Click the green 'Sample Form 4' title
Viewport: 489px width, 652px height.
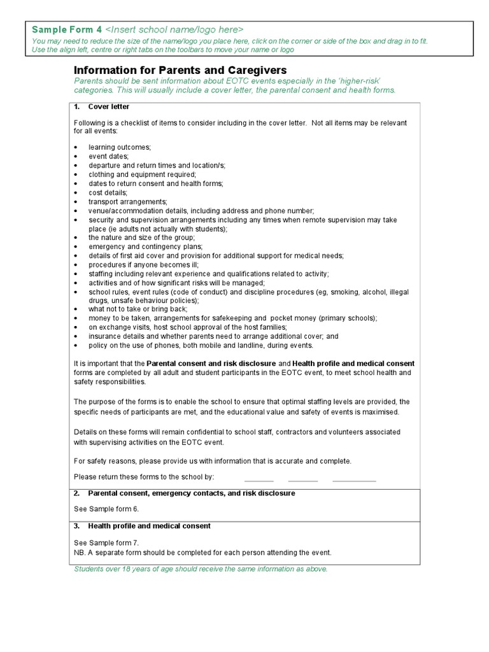(67, 30)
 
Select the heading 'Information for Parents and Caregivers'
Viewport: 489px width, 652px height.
(180, 70)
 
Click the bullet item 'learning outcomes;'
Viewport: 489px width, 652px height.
(120, 147)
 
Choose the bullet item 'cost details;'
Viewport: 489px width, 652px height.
(108, 192)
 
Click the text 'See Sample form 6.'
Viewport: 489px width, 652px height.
(106, 509)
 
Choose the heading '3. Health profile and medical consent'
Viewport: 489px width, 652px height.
(149, 526)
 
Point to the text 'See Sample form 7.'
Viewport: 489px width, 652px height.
(106, 542)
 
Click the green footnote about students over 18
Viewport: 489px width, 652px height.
(201, 569)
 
